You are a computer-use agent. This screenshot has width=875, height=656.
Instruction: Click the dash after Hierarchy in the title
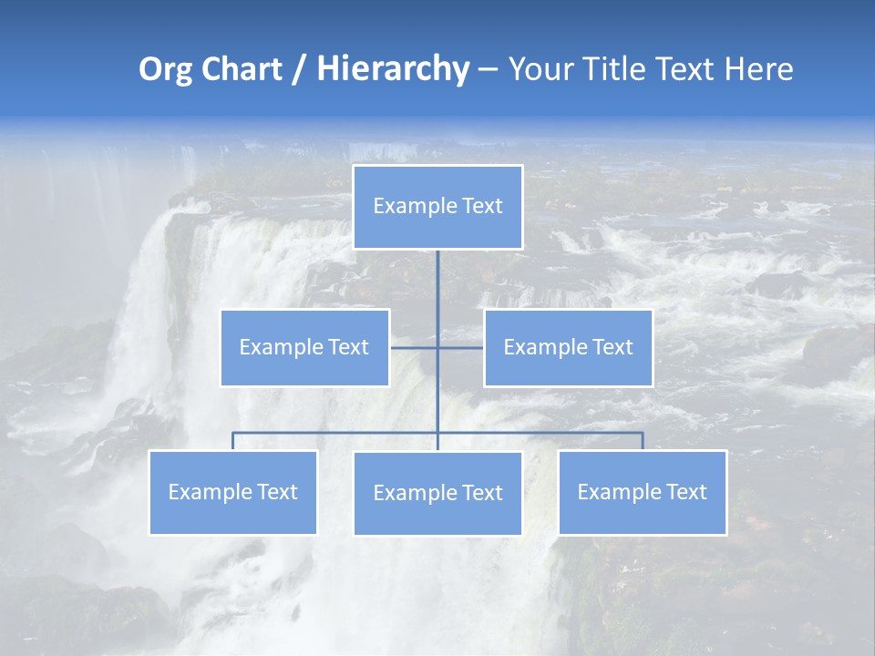coord(487,70)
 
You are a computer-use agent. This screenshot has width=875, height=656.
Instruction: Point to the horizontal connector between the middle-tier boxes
coord(460,347)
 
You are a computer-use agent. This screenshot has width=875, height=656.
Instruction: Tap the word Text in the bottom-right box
coord(686,492)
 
